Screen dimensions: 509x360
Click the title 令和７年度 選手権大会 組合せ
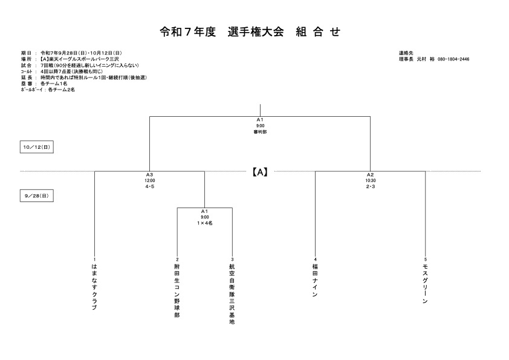(x=250, y=32)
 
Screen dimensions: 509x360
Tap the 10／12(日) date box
(x=37, y=147)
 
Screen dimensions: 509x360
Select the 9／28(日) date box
(x=37, y=196)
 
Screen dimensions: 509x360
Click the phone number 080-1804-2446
(x=453, y=59)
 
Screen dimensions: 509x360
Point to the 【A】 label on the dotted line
(x=260, y=172)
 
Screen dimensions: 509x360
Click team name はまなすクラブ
(x=94, y=287)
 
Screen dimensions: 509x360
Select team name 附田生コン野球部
(x=177, y=290)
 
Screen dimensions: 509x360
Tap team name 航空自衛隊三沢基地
(x=232, y=293)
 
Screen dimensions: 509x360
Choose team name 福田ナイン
(x=315, y=280)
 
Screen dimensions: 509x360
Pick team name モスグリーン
(x=425, y=283)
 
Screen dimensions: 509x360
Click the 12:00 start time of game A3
(x=150, y=181)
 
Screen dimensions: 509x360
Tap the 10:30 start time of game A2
(x=371, y=181)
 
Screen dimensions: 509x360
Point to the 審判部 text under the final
(x=260, y=132)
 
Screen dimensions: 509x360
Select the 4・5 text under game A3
(x=150, y=186)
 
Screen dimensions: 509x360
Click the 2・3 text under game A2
(x=371, y=186)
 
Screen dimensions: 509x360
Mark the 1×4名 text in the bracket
(x=204, y=223)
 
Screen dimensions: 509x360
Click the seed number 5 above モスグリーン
(x=425, y=260)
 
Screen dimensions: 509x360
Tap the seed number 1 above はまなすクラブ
(x=94, y=260)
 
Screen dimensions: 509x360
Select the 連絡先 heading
(x=406, y=53)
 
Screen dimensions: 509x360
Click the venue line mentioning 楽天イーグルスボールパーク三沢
(x=70, y=59)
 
